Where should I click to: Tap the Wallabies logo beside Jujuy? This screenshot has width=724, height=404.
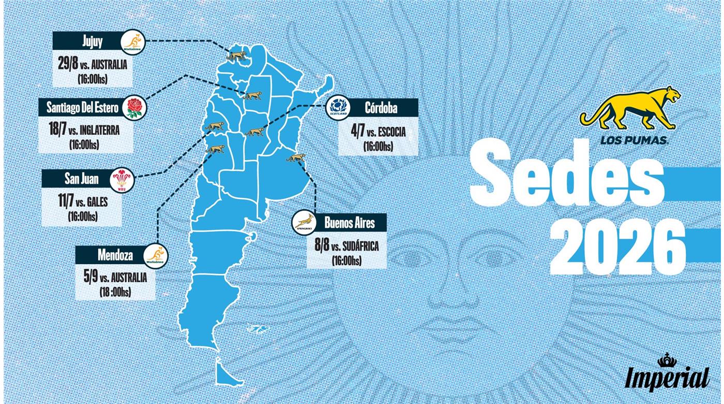click(x=133, y=42)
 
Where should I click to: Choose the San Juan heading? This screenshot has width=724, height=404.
click(x=81, y=179)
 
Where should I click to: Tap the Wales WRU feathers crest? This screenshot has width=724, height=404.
click(x=122, y=180)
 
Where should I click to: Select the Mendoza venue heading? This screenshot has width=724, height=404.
click(x=115, y=255)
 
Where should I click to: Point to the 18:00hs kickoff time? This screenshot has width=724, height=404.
click(x=115, y=292)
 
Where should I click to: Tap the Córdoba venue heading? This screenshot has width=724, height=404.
click(x=381, y=108)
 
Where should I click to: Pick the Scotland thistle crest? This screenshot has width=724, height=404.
click(x=339, y=108)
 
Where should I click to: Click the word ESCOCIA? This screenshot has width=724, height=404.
click(x=392, y=132)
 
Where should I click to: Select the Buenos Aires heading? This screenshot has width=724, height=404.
click(x=350, y=223)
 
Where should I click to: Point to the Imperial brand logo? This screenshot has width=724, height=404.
click(x=667, y=373)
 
